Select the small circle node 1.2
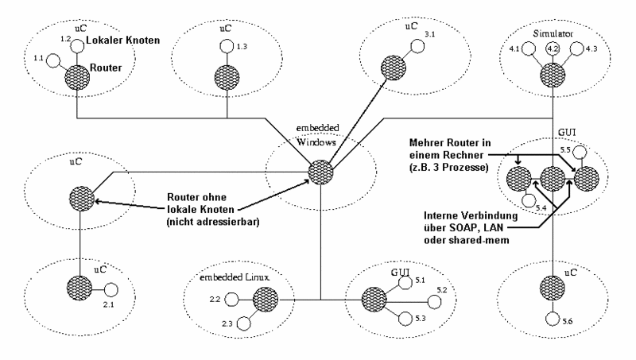click(x=76, y=46)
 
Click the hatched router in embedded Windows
click(x=320, y=172)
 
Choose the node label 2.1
click(x=109, y=304)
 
